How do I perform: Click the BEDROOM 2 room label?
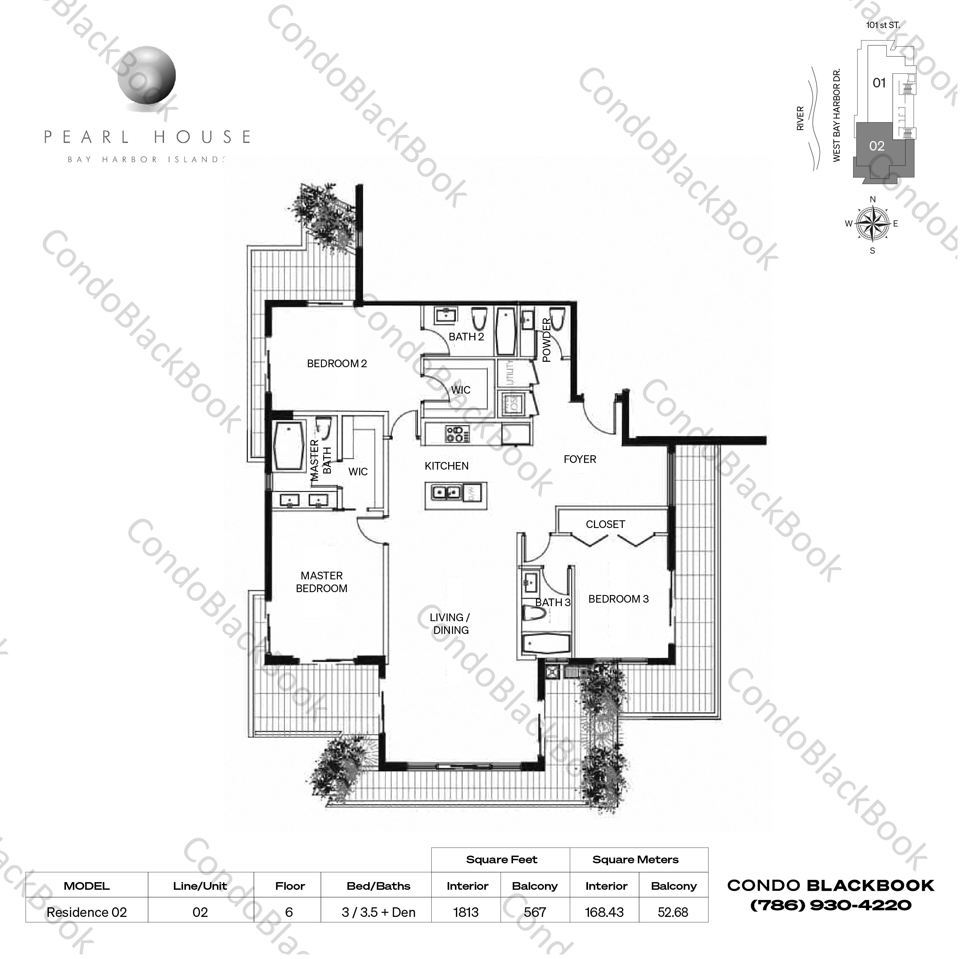point(337,364)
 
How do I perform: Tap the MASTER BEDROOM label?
point(322,582)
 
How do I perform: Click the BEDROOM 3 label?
point(619,599)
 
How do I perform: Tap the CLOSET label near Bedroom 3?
point(605,524)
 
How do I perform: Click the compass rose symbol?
point(873,224)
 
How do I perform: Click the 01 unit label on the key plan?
point(879,83)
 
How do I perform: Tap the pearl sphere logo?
point(147,75)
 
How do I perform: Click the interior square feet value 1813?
point(466,912)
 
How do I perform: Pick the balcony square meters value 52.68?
point(673,912)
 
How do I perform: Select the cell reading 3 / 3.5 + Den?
point(379,912)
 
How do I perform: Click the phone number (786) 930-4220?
point(831,905)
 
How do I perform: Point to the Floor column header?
point(290,886)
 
